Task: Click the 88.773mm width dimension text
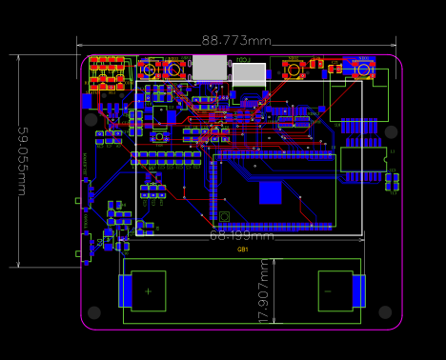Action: point(236,40)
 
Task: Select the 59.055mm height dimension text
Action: point(21,161)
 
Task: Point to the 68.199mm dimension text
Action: point(241,234)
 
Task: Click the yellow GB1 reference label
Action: point(243,250)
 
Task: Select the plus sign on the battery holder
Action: point(148,290)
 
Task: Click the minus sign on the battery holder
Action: point(327,290)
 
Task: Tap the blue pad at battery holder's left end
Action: point(125,290)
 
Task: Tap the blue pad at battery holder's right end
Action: point(358,290)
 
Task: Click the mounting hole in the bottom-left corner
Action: point(93,312)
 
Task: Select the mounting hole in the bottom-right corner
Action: point(385,312)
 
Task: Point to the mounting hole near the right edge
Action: point(391,131)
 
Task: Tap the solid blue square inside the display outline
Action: point(271,192)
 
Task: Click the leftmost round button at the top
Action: point(150,69)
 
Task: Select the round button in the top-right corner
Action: point(363,69)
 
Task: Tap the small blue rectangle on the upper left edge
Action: point(87,100)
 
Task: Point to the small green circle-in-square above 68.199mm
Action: point(224,216)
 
